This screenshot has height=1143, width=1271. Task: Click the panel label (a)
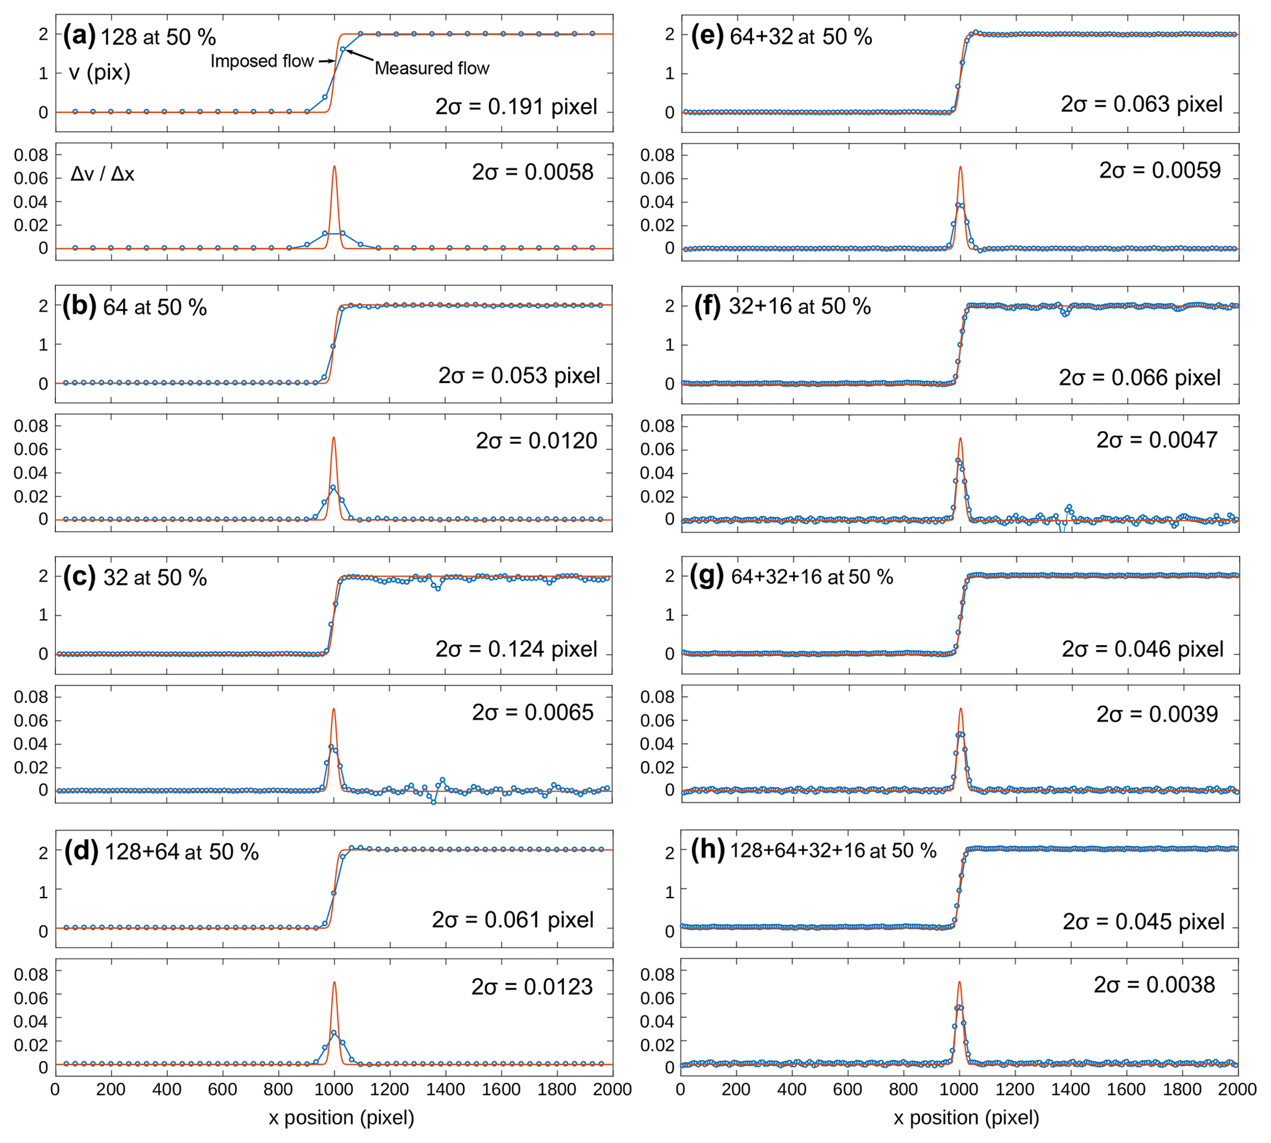tap(79, 36)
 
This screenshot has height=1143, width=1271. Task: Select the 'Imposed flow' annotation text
tap(261, 61)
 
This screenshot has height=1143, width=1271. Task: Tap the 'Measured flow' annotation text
tap(432, 68)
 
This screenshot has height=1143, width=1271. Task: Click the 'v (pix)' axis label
tap(100, 73)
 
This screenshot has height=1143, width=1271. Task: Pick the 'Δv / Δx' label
tap(102, 173)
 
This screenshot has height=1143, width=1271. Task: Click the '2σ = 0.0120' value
tap(536, 441)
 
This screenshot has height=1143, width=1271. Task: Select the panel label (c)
tap(79, 577)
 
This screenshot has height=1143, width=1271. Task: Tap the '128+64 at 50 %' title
tap(181, 852)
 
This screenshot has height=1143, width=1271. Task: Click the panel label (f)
tap(707, 306)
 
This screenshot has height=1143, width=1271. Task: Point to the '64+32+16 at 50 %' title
tap(812, 577)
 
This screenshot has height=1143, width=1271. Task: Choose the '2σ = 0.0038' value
tap(1154, 984)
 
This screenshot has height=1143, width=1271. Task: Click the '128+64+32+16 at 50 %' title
tap(833, 850)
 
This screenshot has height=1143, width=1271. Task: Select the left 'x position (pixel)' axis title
tap(341, 1117)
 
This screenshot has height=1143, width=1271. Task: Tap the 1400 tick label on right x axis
tap(1070, 1089)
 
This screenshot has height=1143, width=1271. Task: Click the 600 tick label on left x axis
tap(223, 1089)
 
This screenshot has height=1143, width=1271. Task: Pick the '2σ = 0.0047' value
tap(1157, 440)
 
